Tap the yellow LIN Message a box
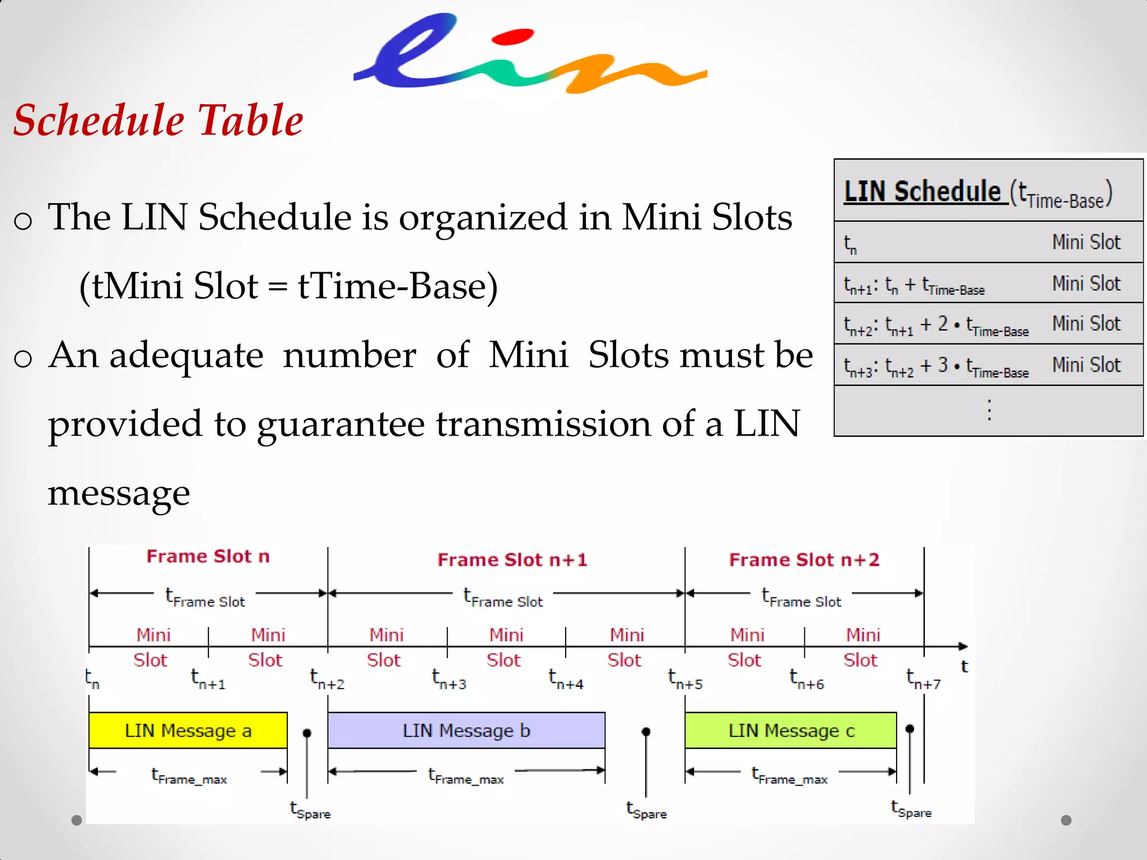pyautogui.click(x=188, y=730)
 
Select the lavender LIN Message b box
pyautogui.click(x=466, y=730)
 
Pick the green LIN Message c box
pyautogui.click(x=791, y=730)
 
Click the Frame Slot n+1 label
pyautogui.click(x=512, y=559)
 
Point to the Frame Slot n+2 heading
pyautogui.click(x=804, y=559)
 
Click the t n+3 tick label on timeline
pyautogui.click(x=449, y=679)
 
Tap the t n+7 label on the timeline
pyautogui.click(x=923, y=679)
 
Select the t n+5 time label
pyautogui.click(x=684, y=679)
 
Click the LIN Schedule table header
pyautogui.click(x=977, y=192)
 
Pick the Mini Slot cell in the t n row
pyautogui.click(x=1086, y=242)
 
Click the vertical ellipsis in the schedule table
pyautogui.click(x=989, y=410)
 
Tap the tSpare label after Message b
pyautogui.click(x=646, y=810)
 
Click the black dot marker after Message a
pyautogui.click(x=307, y=732)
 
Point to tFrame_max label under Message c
pyautogui.click(x=789, y=775)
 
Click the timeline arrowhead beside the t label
pyautogui.click(x=963, y=646)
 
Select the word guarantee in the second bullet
pyautogui.click(x=341, y=424)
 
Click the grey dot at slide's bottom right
pyautogui.click(x=1066, y=820)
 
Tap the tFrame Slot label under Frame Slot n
pyautogui.click(x=206, y=597)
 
